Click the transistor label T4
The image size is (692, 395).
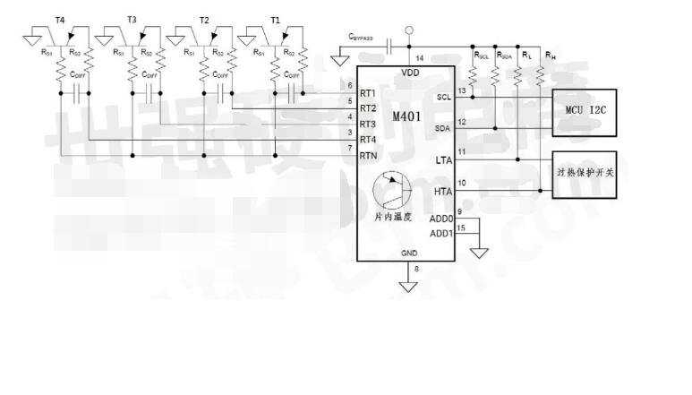pyautogui.click(x=59, y=20)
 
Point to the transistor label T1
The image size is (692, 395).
pyautogui.click(x=275, y=20)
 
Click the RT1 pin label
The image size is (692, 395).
pyautogui.click(x=368, y=93)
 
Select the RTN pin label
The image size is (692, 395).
pyautogui.click(x=368, y=156)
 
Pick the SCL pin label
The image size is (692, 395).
pyautogui.click(x=443, y=97)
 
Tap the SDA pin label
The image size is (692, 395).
pyautogui.click(x=443, y=128)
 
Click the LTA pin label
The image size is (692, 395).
pyautogui.click(x=443, y=159)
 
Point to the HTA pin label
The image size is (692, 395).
pyautogui.click(x=443, y=191)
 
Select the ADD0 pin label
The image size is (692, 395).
pyautogui.click(x=441, y=219)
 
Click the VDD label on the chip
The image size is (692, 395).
pyautogui.click(x=409, y=73)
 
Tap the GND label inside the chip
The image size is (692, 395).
pyautogui.click(x=408, y=253)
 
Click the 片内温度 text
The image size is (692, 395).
pyautogui.click(x=392, y=218)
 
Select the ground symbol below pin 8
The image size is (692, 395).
pyautogui.click(x=409, y=287)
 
